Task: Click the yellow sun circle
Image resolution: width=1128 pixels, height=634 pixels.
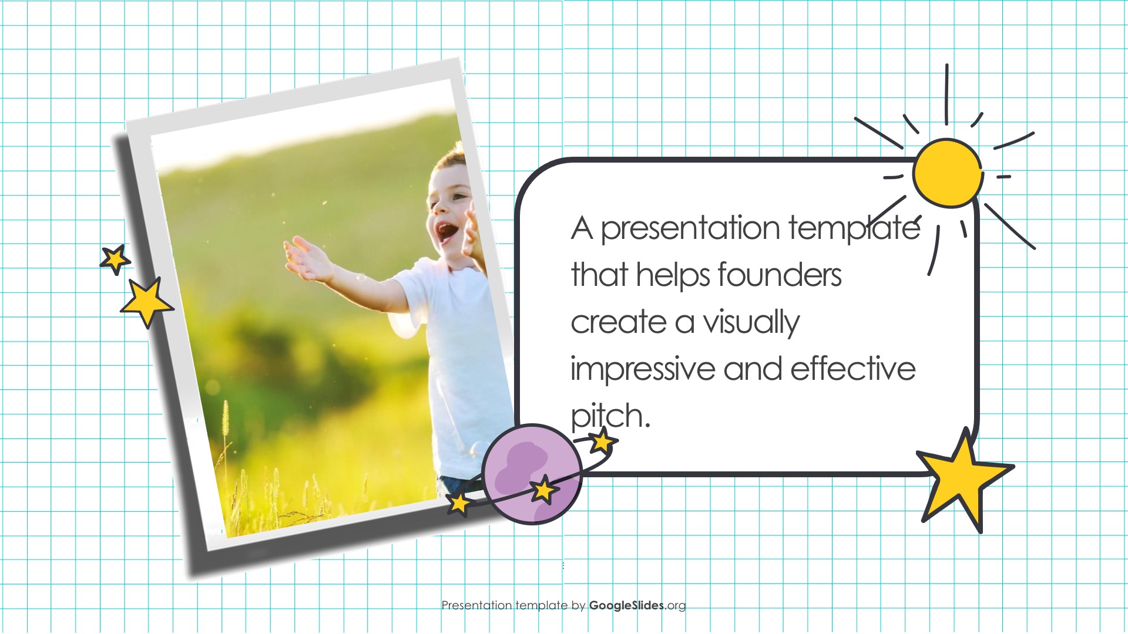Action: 948,173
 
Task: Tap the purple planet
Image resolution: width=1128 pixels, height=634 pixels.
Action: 532,474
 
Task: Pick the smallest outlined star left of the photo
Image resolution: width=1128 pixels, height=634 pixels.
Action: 115,259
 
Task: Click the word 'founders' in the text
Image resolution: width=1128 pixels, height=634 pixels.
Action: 780,275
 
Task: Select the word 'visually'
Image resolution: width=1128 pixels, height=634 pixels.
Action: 751,323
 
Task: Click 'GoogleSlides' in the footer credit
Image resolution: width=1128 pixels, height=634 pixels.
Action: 627,605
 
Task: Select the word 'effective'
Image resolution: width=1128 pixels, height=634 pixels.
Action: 853,369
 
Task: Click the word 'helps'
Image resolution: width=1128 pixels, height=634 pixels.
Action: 674,275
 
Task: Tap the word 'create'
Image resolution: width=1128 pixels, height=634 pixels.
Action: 619,323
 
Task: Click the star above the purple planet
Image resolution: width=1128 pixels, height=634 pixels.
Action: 602,440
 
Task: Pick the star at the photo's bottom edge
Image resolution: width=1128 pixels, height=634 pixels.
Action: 459,504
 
